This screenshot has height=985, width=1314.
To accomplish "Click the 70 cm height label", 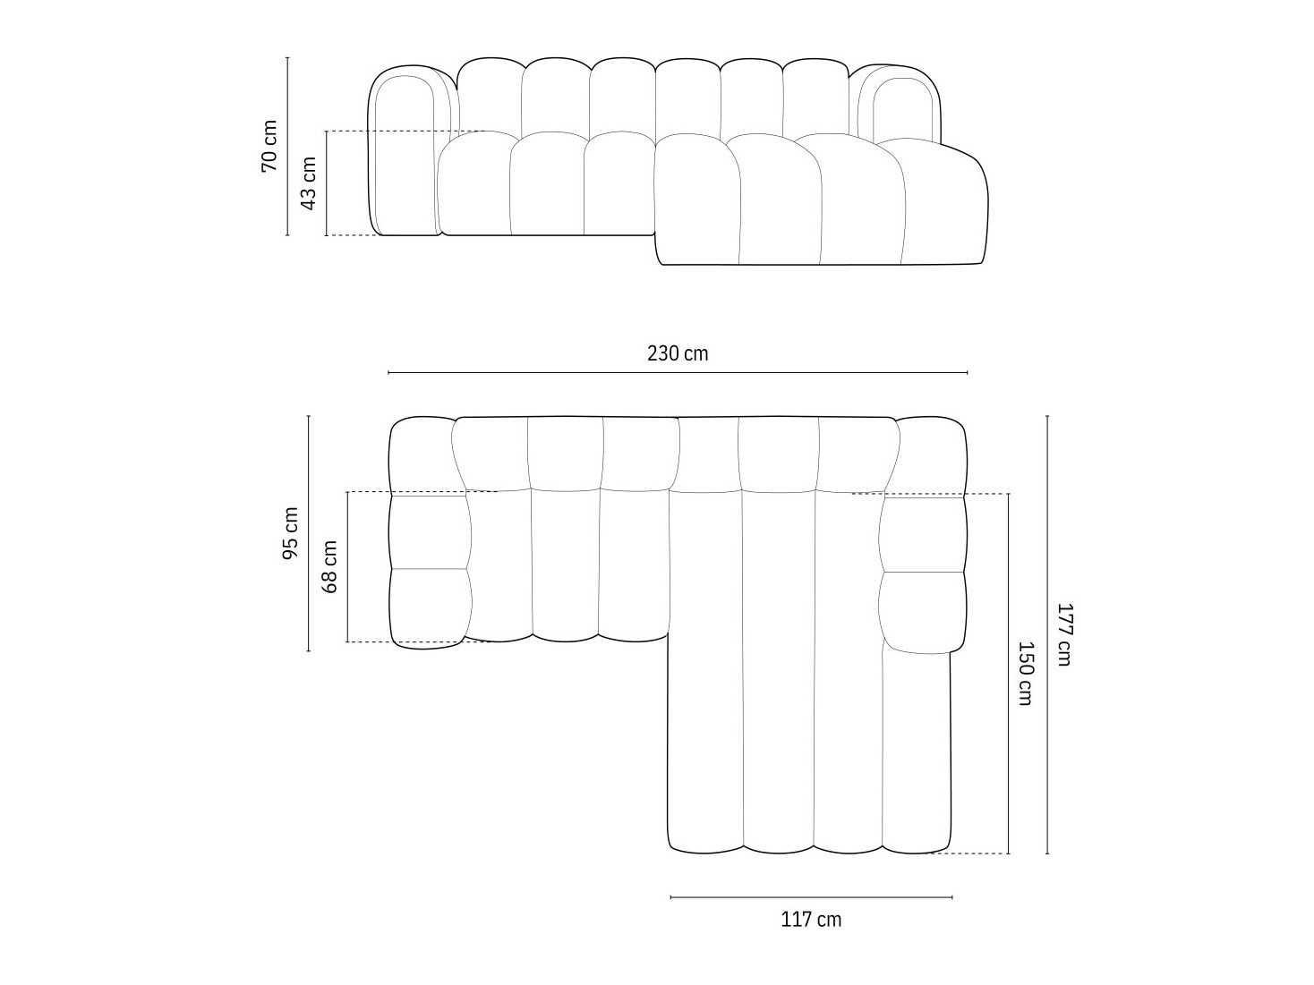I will point(269,146).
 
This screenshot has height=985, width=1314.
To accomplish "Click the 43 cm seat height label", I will point(309,183).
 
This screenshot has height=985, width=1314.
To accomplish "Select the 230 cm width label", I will point(678,353).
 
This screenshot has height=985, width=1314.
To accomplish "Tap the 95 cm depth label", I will point(291,533).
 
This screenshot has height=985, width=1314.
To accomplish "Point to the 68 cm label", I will point(330,566).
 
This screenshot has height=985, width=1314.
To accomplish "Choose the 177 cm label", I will point(1063,634).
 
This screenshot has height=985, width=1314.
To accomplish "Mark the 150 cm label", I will point(1026,673).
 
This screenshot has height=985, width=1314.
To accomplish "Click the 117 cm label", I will point(811,919).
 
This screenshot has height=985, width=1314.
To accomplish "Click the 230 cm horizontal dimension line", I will point(678,372).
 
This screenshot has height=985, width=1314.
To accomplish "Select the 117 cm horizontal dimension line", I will point(811,896).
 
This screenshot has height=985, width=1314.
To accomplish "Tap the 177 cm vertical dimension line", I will point(1047,716).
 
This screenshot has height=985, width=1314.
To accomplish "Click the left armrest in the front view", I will point(405,152).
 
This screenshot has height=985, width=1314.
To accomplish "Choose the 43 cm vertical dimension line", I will point(327,215).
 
